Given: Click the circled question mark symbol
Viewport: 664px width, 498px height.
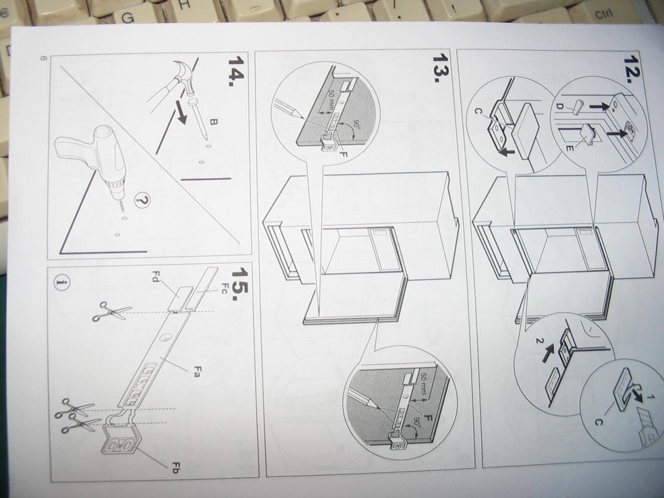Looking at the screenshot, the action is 143,200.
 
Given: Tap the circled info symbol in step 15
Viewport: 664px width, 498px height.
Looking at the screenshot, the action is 62,283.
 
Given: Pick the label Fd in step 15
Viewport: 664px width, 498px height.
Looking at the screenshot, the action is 155,276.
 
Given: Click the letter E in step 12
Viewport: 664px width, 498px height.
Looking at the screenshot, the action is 569,148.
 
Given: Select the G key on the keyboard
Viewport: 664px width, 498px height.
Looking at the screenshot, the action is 128,18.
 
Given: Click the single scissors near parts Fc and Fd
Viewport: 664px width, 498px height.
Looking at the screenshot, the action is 113,312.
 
